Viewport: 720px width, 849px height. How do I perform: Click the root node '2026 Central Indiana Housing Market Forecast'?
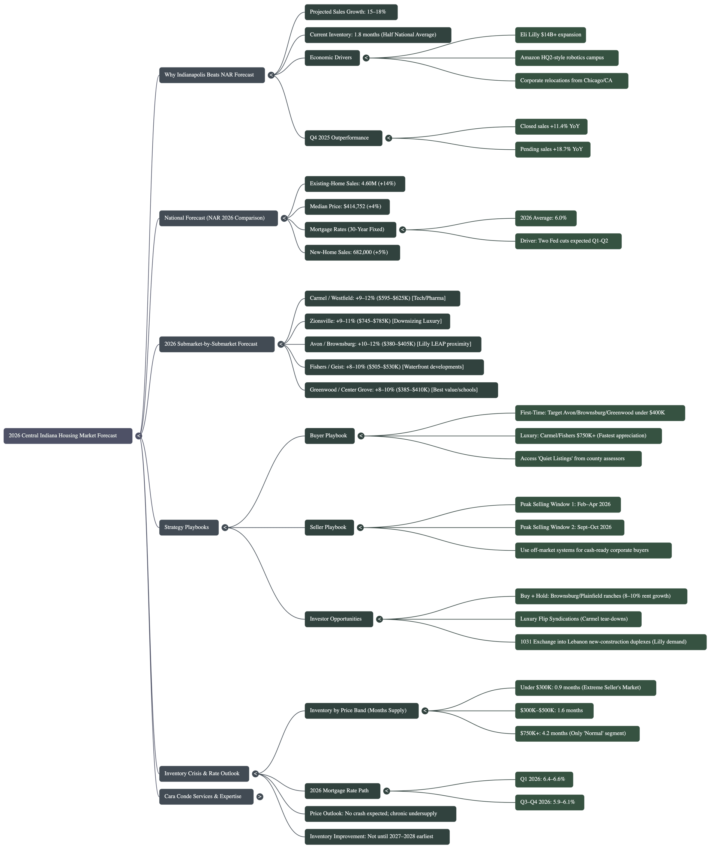pyautogui.click(x=68, y=436)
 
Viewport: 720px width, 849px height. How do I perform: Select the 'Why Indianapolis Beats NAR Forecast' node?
pyautogui.click(x=212, y=75)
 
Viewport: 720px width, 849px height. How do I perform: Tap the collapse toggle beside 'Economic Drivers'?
pyautogui.click(x=366, y=58)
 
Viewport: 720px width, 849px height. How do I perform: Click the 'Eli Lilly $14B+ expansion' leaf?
pyautogui.click(x=550, y=35)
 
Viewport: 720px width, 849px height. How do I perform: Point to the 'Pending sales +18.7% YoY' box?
pyautogui.click(x=552, y=149)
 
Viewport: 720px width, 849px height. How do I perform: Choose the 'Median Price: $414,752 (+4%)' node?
pyautogui.click(x=347, y=207)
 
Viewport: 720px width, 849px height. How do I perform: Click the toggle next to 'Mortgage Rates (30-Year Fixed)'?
pyautogui.click(x=402, y=230)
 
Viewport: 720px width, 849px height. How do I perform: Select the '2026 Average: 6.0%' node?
pyautogui.click(x=545, y=218)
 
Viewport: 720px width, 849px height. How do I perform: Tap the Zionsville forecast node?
pyautogui.click(x=377, y=322)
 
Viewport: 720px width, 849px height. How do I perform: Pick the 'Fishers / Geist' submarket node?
pyautogui.click(x=394, y=367)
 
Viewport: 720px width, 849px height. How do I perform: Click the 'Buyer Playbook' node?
pyautogui.click(x=329, y=436)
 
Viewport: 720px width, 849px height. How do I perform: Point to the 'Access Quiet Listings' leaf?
pyautogui.click(x=578, y=458)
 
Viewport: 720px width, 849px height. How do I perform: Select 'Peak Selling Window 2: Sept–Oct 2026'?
pyautogui.click(x=569, y=527)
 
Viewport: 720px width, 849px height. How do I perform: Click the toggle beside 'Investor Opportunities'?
pyautogui.click(x=379, y=619)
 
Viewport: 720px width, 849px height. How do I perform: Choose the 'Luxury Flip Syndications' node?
pyautogui.click(x=578, y=619)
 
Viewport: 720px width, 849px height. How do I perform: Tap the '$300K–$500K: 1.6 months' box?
pyautogui.click(x=554, y=711)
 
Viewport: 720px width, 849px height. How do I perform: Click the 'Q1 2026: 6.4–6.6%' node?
pyautogui.click(x=544, y=779)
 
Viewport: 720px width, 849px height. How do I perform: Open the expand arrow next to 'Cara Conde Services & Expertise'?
pyautogui.click(x=259, y=797)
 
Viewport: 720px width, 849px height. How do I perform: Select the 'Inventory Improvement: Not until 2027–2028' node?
pyautogui.click(x=377, y=836)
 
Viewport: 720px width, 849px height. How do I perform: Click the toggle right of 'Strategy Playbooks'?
pyautogui.click(x=225, y=527)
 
